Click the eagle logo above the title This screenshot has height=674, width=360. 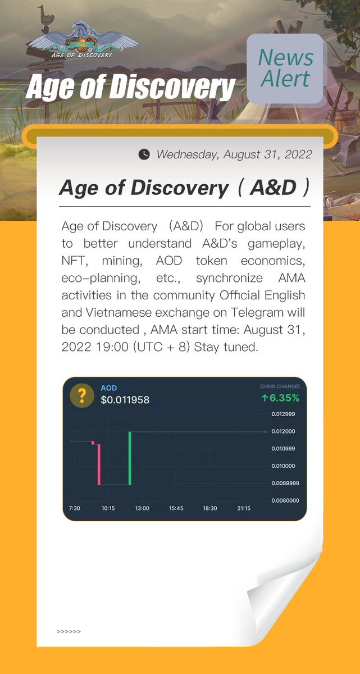(x=83, y=39)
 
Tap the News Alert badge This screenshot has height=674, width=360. (x=285, y=69)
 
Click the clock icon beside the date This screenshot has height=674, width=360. (x=144, y=154)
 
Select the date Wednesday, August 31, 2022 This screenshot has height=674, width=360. (x=234, y=154)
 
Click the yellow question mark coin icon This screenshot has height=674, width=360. (x=81, y=396)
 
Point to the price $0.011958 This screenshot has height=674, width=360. (x=125, y=400)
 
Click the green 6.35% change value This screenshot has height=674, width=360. (x=280, y=398)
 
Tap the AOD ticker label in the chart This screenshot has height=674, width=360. (x=108, y=388)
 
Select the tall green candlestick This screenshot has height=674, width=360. (x=130, y=458)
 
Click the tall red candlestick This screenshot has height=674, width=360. (x=99, y=464)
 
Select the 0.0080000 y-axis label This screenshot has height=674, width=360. (x=285, y=500)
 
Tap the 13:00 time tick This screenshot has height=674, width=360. (x=142, y=508)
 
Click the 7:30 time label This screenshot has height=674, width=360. (x=74, y=508)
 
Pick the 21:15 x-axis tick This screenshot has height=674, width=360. (x=244, y=508)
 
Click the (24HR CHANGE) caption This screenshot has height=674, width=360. (x=280, y=386)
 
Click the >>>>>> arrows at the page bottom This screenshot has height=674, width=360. (x=69, y=632)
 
